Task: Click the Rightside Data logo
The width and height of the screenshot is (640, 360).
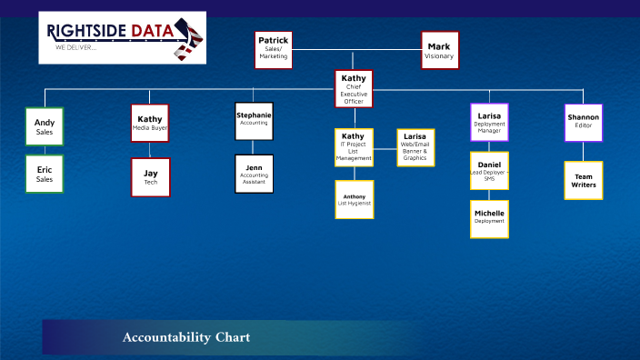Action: (x=122, y=37)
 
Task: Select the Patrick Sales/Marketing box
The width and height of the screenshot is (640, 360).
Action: (x=273, y=50)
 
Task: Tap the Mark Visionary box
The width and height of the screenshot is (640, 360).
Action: (x=439, y=50)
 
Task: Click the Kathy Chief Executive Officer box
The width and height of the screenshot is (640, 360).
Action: (x=354, y=89)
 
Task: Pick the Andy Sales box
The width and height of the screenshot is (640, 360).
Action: (x=45, y=126)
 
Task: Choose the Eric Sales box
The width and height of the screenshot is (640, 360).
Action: (x=45, y=174)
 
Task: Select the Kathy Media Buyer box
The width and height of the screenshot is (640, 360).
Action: (x=149, y=124)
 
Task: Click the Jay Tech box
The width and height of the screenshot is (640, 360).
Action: (x=150, y=177)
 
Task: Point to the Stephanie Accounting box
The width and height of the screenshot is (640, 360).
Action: (x=254, y=121)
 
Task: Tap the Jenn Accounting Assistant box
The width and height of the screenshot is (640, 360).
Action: (x=254, y=174)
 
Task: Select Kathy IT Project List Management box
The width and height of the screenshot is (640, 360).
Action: (x=354, y=147)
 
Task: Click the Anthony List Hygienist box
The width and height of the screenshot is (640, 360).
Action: (x=354, y=199)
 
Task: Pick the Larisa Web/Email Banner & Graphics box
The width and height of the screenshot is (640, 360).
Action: (x=415, y=147)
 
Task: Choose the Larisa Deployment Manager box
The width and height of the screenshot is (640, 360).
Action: (x=489, y=122)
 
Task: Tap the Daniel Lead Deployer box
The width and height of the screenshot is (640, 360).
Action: (x=489, y=170)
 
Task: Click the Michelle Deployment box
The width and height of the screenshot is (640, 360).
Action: (x=489, y=219)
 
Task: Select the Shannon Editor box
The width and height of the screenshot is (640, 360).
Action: (x=583, y=122)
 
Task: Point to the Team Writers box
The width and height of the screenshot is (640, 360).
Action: (x=583, y=180)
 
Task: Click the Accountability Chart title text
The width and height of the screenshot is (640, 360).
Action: (x=186, y=337)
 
